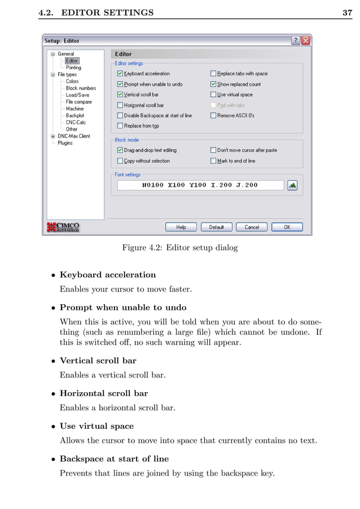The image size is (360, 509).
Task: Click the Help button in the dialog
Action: pos(181,227)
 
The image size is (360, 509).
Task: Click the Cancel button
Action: pos(252,227)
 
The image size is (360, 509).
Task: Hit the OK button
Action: pos(287,227)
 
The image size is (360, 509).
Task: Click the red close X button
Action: pos(305,41)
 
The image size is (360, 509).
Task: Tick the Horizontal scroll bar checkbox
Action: pos(120,105)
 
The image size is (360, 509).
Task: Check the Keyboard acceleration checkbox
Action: pos(120,73)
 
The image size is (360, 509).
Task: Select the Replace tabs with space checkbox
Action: pos(214,73)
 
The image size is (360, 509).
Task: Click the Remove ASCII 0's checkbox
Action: pos(214,116)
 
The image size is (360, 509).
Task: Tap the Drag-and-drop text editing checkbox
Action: pos(120,151)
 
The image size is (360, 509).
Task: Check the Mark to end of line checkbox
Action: pos(214,161)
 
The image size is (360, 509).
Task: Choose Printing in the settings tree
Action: pos(73,68)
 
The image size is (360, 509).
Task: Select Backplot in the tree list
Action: pos(75,116)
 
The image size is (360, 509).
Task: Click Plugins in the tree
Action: pos(65,143)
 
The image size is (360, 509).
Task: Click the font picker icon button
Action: pos(292,185)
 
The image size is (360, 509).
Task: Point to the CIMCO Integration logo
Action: pos(64,227)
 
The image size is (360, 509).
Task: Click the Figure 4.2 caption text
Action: pos(180,247)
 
